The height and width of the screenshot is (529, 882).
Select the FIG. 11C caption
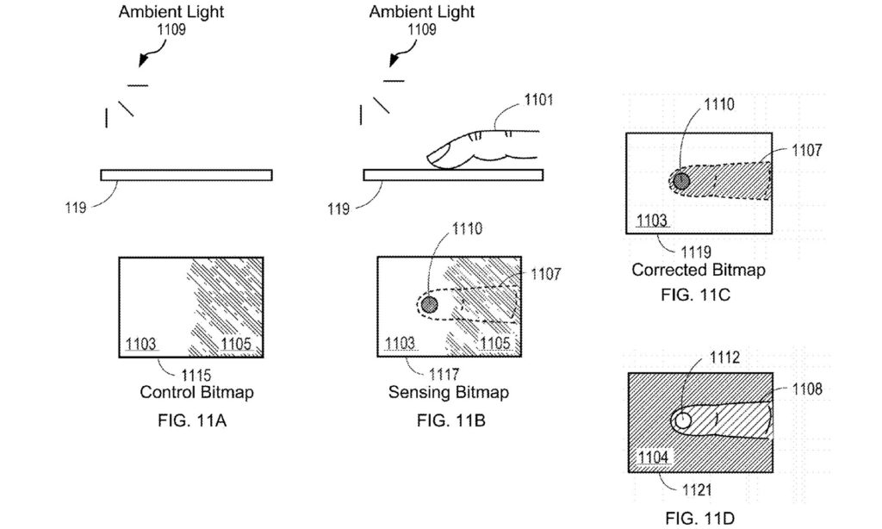tap(698, 294)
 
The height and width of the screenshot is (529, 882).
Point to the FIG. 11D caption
tap(699, 519)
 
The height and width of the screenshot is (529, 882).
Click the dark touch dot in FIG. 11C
tap(681, 181)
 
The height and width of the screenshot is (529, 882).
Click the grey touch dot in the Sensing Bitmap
tap(428, 304)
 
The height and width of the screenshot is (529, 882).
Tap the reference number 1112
tap(724, 356)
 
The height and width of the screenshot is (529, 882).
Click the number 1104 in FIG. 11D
tap(652, 457)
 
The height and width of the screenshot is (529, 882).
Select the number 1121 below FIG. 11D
tap(696, 490)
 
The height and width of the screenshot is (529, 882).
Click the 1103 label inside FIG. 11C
tap(653, 220)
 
